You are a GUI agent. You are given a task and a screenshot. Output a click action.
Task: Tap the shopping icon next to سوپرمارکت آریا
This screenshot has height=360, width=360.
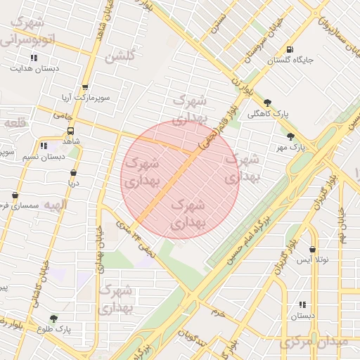[85, 87]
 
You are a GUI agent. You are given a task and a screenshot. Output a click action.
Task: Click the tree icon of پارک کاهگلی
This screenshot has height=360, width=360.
[267, 102]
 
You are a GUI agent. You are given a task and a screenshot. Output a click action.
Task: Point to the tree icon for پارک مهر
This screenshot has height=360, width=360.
[290, 136]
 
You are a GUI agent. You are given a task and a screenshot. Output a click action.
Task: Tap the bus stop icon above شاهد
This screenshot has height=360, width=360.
[70, 131]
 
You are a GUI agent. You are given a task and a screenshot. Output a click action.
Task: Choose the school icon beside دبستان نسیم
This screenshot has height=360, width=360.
[44, 146]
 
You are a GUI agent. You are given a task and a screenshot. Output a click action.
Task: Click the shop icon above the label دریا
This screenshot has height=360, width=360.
[74, 172]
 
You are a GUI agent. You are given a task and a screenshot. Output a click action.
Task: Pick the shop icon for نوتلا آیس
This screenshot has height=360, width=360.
[312, 249]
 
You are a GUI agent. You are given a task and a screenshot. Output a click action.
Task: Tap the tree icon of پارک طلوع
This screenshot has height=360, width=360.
[54, 318]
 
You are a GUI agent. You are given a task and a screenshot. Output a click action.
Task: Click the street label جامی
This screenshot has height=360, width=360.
[60, 114]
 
